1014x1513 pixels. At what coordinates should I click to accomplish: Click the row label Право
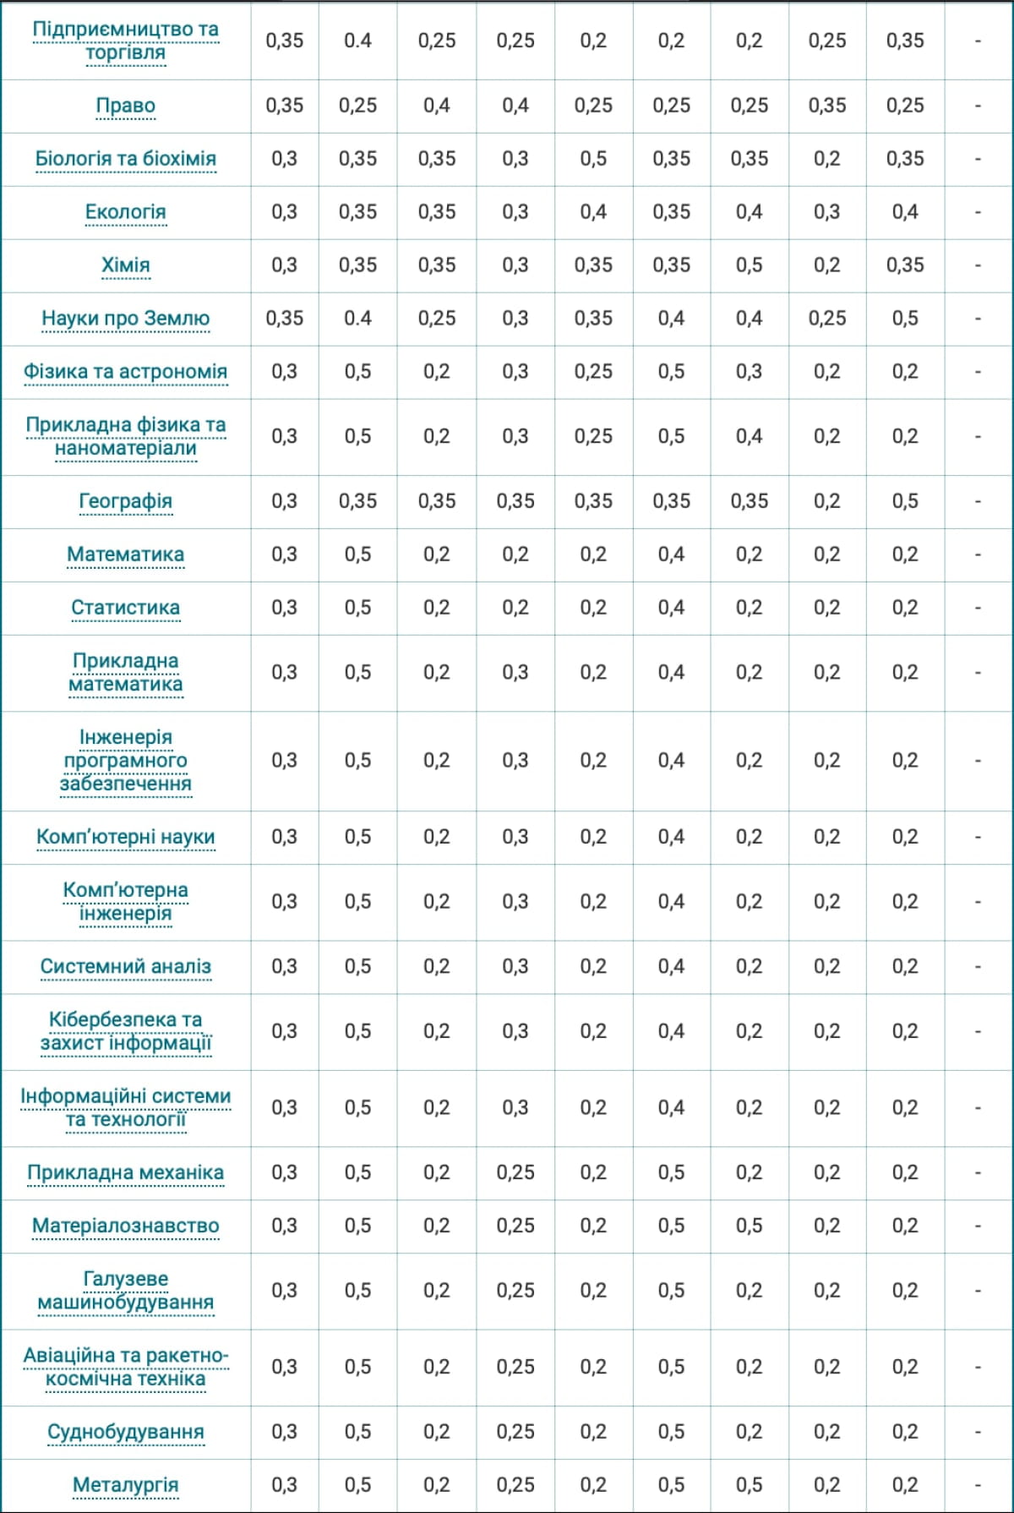coord(125,106)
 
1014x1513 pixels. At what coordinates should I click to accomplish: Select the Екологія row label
coord(125,212)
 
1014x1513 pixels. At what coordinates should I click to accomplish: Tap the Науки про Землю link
coord(125,319)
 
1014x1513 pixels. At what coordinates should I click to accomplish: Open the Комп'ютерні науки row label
coord(125,837)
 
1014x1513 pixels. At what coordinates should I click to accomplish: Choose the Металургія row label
coord(125,1485)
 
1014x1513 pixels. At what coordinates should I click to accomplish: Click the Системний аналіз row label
coord(125,966)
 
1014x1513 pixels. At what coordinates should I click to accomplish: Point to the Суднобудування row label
coord(125,1432)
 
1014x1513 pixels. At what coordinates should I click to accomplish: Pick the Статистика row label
coord(125,608)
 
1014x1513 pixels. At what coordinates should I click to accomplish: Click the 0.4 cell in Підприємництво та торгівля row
coord(357,41)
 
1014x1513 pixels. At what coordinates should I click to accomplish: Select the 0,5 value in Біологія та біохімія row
coord(593,159)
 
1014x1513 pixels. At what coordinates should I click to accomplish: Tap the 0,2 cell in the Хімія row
coord(826,265)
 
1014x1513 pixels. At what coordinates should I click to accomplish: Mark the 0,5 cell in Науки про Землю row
coord(905,319)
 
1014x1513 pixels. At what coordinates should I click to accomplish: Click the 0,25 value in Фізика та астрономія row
coord(593,372)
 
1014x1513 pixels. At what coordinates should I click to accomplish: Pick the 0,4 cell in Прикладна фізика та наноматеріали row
coord(749,436)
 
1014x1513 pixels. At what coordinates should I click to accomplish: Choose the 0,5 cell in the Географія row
coord(905,501)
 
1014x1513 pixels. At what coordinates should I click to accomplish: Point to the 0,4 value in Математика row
coord(671,554)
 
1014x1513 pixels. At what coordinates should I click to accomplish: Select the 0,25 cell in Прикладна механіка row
coord(515,1172)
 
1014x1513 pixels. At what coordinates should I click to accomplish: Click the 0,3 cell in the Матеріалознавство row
coord(284,1226)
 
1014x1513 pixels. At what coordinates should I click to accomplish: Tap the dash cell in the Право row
coord(978,106)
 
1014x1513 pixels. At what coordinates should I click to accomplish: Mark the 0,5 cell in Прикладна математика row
coord(357,673)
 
